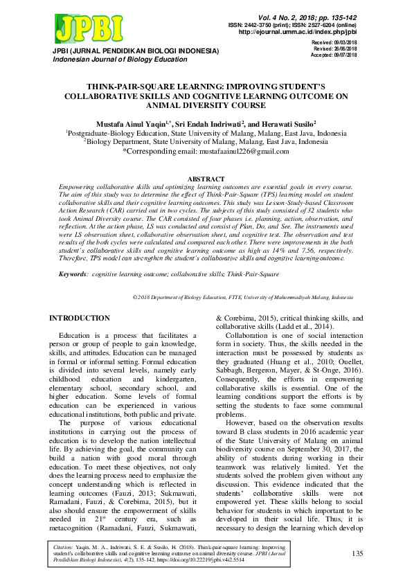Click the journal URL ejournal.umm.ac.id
[298, 32]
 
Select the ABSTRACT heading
[206, 179]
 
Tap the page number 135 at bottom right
[357, 553]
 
